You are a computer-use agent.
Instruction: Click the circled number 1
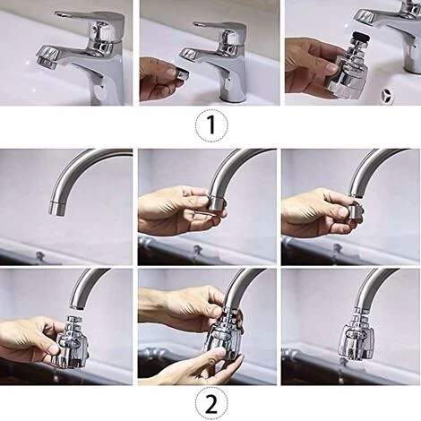point(210,125)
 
